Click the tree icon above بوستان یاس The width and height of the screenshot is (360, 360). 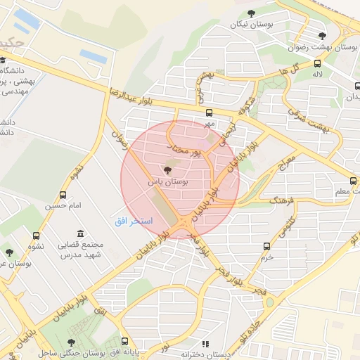point(167,170)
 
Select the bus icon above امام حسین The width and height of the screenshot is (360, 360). point(64,195)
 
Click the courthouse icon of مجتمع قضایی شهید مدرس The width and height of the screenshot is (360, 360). point(80,233)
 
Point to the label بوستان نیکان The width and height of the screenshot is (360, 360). point(251,25)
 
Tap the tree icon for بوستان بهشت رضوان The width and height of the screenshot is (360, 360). point(322,36)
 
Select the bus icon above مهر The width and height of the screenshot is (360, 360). point(209,112)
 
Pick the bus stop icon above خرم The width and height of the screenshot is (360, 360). point(266,246)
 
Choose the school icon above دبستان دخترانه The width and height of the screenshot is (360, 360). point(205,344)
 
